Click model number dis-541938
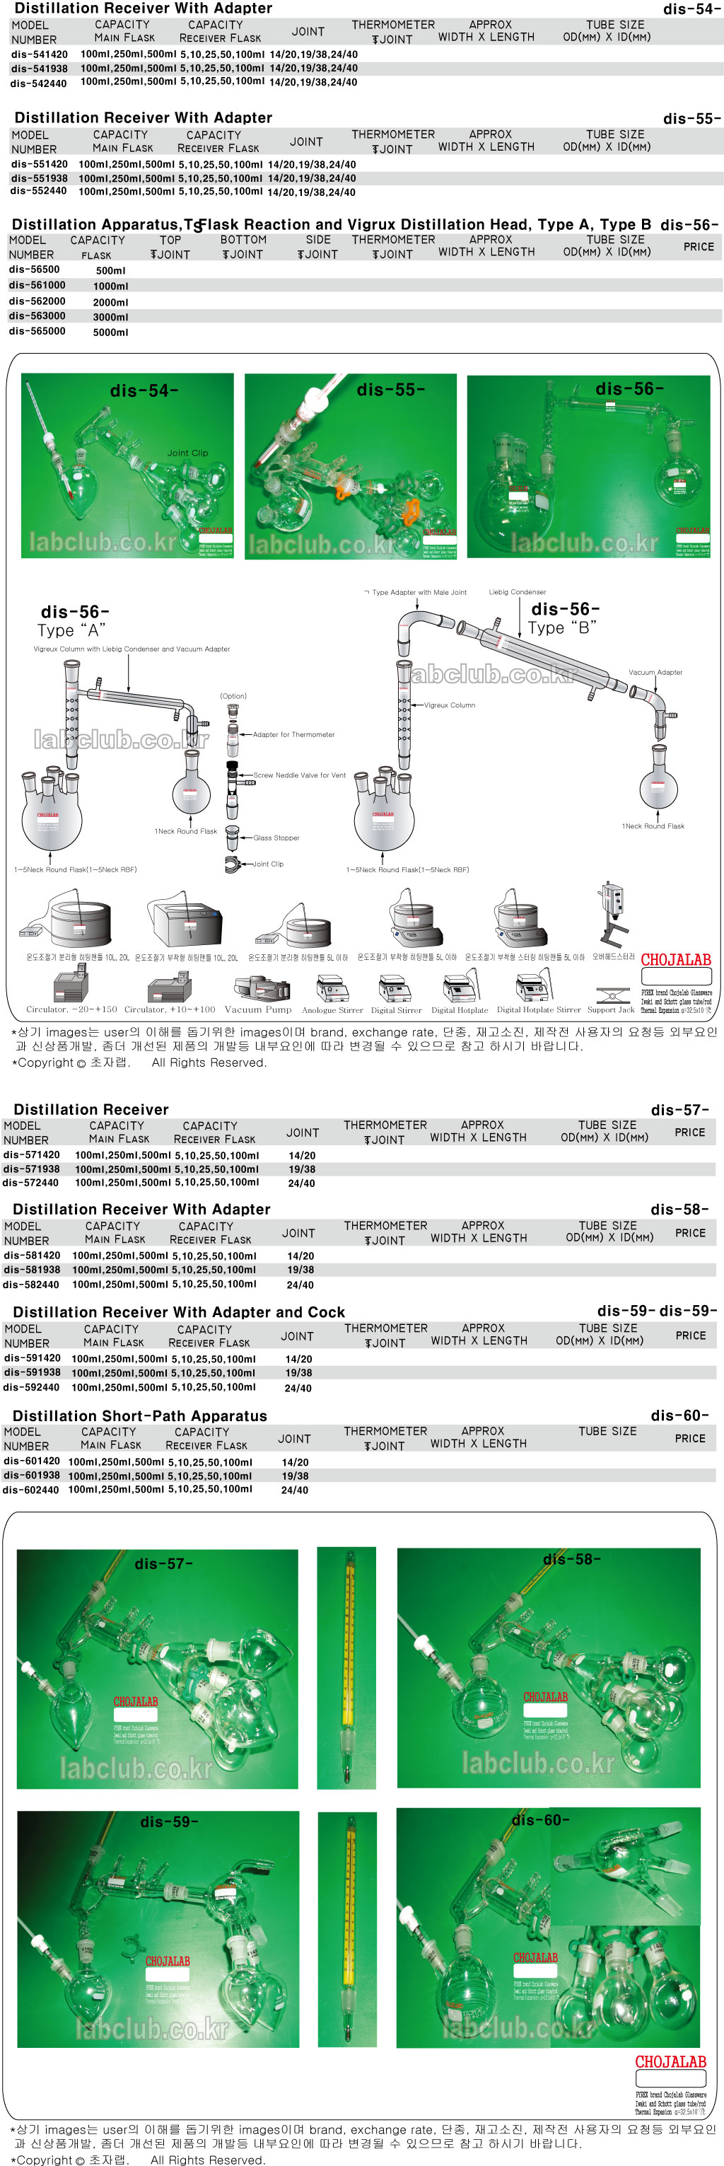pyautogui.click(x=39, y=68)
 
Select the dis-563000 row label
pyautogui.click(x=37, y=316)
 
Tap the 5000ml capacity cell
pyautogui.click(x=110, y=332)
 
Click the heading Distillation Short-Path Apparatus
pyautogui.click(x=139, y=1415)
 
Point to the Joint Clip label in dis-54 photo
pyautogui.click(x=187, y=453)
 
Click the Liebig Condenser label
pyautogui.click(x=517, y=592)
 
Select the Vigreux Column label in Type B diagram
pyautogui.click(x=449, y=705)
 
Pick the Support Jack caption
pyautogui.click(x=610, y=1010)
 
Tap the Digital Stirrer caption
pyautogui.click(x=396, y=1011)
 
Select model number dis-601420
pyautogui.click(x=32, y=1461)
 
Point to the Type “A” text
pyautogui.click(x=71, y=630)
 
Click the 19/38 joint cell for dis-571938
pyautogui.click(x=302, y=1169)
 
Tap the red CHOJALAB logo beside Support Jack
pyautogui.click(x=675, y=959)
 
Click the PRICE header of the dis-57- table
pyautogui.click(x=689, y=1133)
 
